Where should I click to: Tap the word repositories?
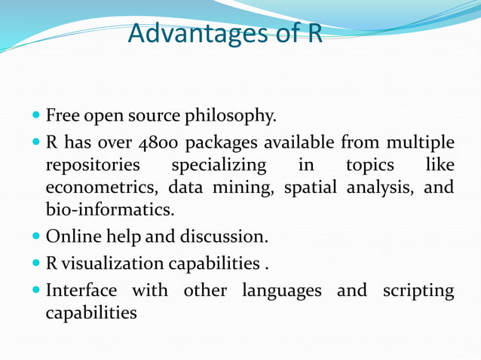coord(92,164)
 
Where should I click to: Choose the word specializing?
coord(219,164)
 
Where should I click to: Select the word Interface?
coord(81,290)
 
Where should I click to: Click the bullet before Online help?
coord(37,237)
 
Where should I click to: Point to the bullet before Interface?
coord(37,290)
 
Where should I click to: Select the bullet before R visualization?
coord(37,264)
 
